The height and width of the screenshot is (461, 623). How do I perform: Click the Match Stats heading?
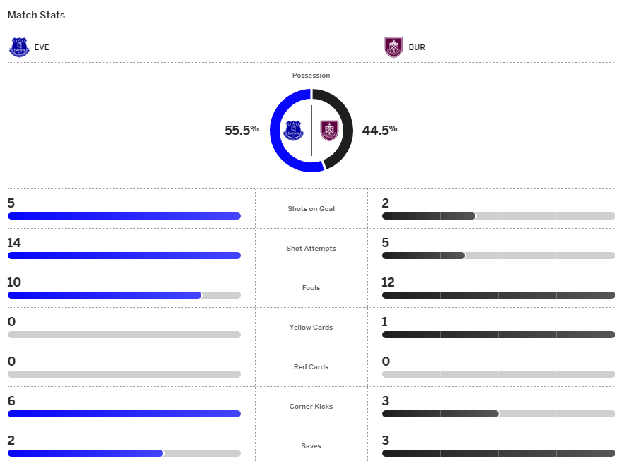(36, 15)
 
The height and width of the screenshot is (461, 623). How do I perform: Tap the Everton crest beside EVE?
(19, 47)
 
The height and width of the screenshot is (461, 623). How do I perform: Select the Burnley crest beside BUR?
(393, 47)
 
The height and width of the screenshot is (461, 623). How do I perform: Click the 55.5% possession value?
(242, 130)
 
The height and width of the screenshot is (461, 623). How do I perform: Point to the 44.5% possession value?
(379, 130)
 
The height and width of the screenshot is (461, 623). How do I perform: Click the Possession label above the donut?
(311, 76)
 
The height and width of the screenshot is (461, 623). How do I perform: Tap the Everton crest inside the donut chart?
(293, 131)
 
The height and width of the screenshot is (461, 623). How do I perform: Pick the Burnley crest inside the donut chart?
(329, 131)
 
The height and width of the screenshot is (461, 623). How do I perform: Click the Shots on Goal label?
(311, 209)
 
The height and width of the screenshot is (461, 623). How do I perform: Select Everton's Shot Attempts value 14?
(14, 243)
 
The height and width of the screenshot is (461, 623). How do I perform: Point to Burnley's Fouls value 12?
(388, 282)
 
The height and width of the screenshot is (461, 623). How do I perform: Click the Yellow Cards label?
(311, 328)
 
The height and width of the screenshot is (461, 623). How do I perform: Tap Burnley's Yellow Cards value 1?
(385, 322)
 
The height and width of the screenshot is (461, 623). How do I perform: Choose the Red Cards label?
(311, 367)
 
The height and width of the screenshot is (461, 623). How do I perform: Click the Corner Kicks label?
(311, 407)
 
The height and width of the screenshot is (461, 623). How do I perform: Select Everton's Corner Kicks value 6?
(11, 401)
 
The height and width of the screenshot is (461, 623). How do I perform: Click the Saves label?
(311, 446)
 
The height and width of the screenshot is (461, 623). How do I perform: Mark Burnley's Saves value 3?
(386, 441)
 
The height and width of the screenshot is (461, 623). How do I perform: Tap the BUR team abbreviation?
(417, 48)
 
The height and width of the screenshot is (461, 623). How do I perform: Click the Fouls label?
(311, 288)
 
